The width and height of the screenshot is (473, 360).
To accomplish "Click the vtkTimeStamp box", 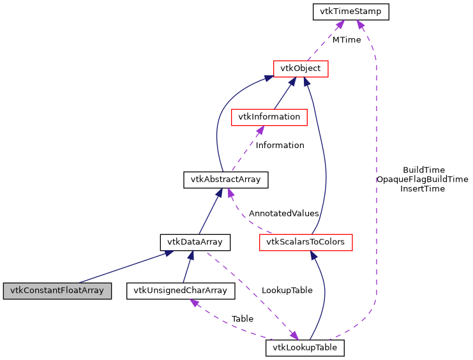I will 350,11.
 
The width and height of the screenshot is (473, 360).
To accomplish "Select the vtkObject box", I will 300,68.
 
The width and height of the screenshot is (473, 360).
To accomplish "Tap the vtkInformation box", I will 269,117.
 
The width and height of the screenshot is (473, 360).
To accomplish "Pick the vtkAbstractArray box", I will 225,179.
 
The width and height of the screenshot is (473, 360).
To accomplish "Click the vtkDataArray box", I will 195,242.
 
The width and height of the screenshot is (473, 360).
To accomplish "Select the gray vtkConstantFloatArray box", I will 57,291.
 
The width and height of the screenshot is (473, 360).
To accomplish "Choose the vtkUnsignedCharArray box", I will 181,291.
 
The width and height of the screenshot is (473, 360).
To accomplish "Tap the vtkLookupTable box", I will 305,348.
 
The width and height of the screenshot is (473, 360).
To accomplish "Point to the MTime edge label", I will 346,40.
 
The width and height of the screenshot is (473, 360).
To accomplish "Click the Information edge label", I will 280,145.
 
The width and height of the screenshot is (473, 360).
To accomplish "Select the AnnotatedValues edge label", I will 283,213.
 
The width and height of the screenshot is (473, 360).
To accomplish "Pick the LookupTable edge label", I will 287,290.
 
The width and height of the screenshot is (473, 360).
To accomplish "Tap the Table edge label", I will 242,318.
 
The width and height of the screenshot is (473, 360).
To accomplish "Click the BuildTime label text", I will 424,170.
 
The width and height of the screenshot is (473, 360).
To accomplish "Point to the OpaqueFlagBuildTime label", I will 422,179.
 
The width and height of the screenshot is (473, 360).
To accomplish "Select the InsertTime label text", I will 422,188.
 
